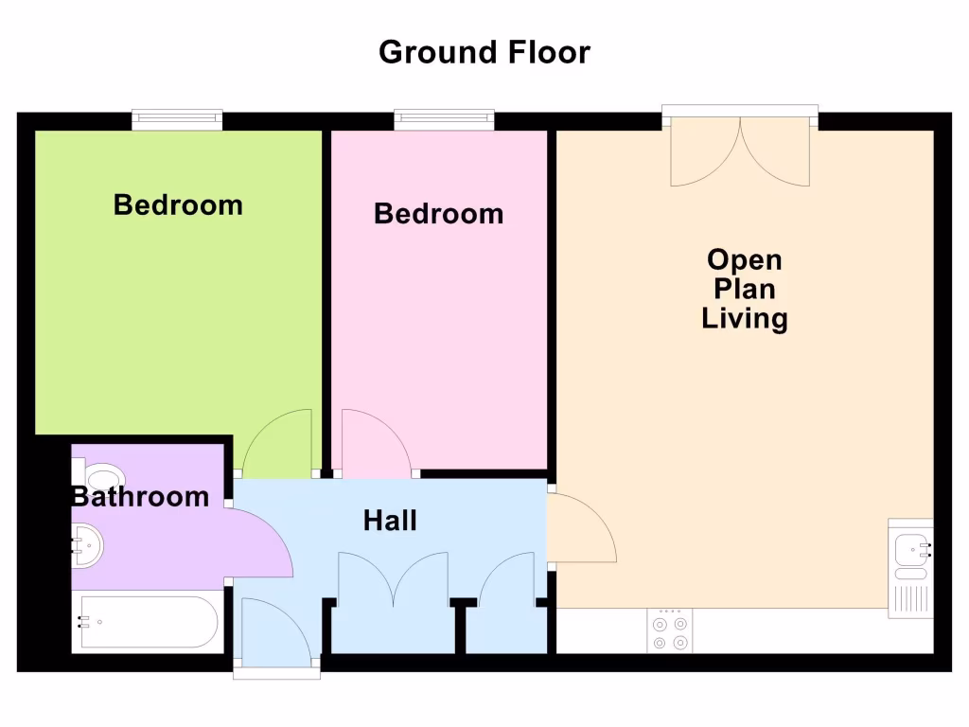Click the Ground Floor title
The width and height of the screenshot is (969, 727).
[x=484, y=52]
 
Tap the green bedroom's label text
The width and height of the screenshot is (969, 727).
[x=178, y=204]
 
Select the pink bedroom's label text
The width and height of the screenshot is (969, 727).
[x=438, y=213]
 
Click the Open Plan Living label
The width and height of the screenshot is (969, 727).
[x=745, y=289]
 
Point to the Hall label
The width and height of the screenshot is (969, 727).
[x=390, y=520]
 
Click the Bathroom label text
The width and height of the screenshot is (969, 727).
[x=141, y=496]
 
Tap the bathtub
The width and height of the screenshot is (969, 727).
[x=149, y=621]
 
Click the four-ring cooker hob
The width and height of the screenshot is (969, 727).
[x=670, y=630]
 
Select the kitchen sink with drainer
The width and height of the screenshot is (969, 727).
[x=910, y=568]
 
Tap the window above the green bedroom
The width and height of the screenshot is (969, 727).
[x=177, y=119]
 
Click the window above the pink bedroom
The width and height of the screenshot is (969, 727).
[x=444, y=119]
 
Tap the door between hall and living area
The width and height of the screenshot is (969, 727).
[x=579, y=530]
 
